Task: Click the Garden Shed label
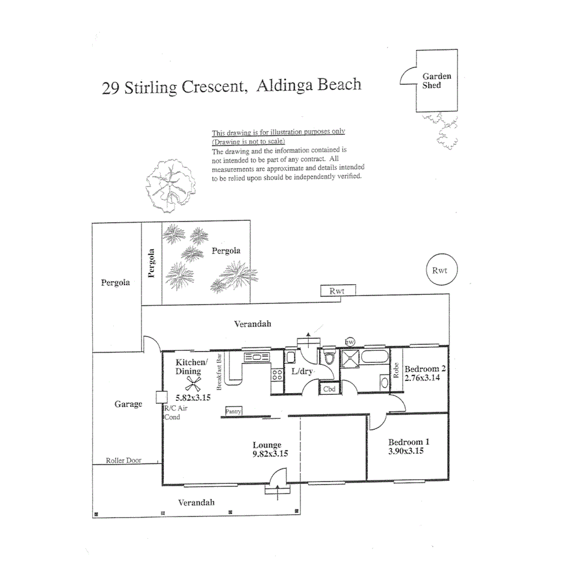(436, 81)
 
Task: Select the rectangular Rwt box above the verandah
(338, 291)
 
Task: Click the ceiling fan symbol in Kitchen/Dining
(193, 384)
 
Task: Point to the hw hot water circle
(350, 342)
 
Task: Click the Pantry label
(234, 412)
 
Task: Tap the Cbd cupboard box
(329, 389)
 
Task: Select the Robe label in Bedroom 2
(395, 370)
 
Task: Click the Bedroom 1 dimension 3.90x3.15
(406, 451)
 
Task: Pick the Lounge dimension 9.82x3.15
(270, 454)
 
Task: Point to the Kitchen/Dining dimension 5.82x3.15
(193, 397)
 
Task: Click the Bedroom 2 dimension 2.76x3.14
(422, 378)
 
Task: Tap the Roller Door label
(123, 460)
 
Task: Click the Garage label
(128, 404)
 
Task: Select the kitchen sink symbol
(256, 357)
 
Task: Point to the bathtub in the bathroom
(374, 357)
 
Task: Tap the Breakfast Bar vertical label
(220, 372)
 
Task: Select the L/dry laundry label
(302, 371)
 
